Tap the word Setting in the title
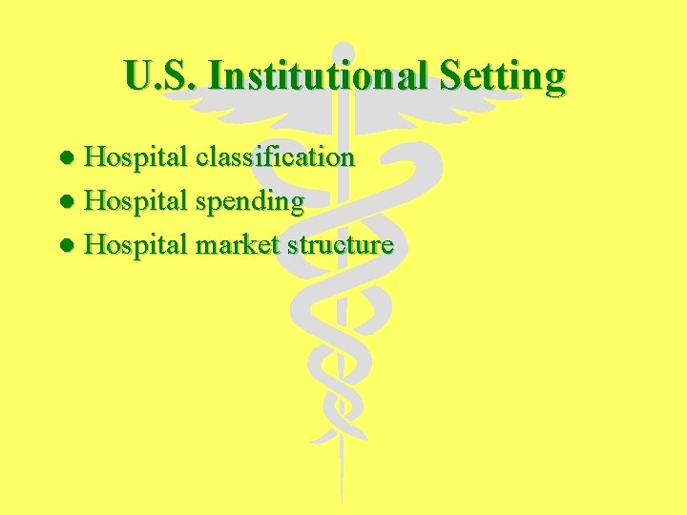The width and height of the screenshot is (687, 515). click(502, 76)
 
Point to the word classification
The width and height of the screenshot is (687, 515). click(275, 156)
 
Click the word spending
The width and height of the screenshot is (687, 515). click(250, 202)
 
